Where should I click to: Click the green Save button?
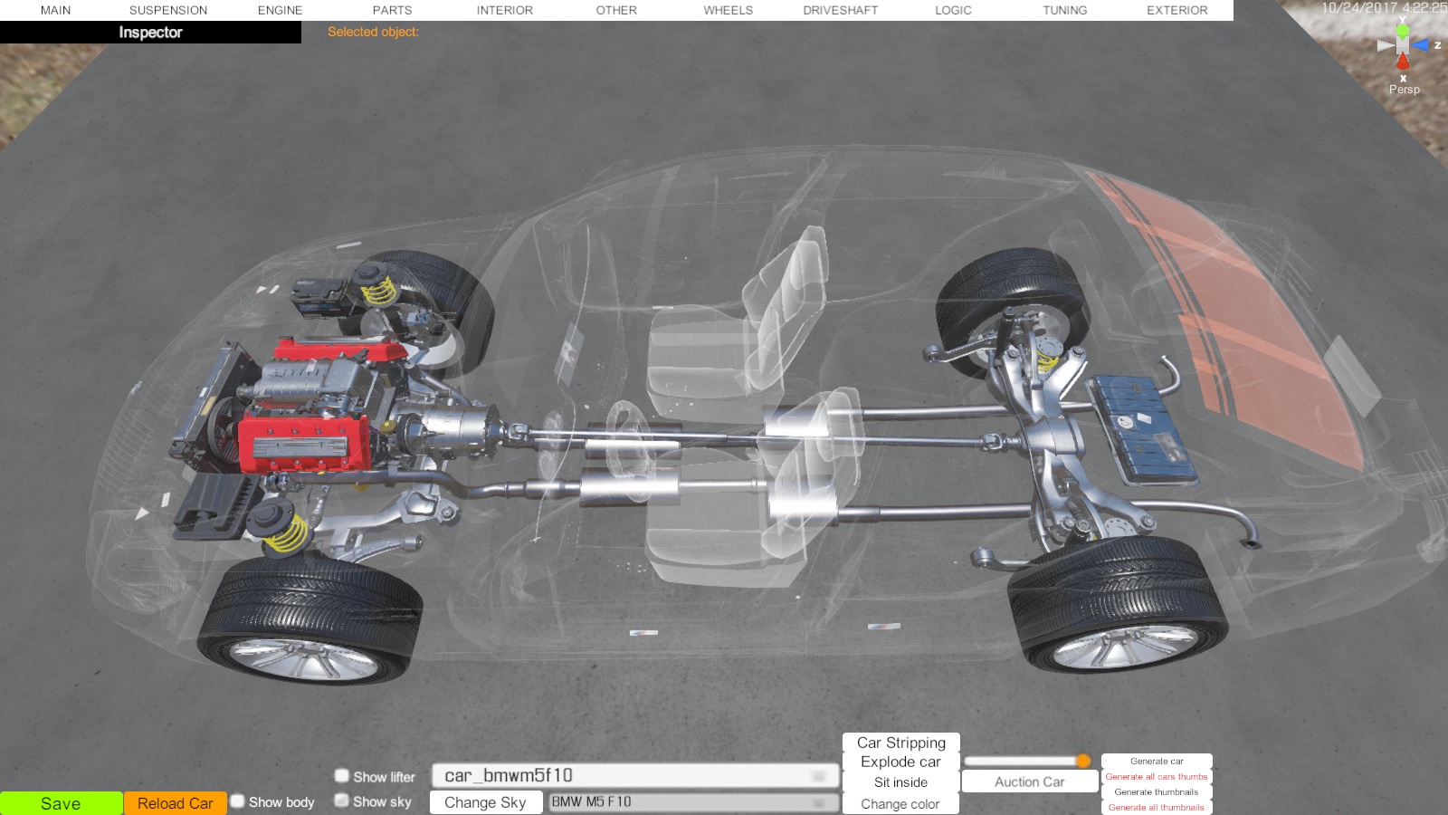pyautogui.click(x=61, y=803)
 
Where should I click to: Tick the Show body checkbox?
pyautogui.click(x=238, y=801)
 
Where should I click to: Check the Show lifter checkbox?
pyautogui.click(x=341, y=775)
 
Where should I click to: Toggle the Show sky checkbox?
pyautogui.click(x=341, y=801)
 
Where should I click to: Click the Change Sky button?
pyautogui.click(x=485, y=802)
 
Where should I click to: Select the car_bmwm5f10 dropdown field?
pyautogui.click(x=634, y=775)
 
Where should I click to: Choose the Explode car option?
pyautogui.click(x=900, y=762)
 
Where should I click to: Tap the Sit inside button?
pyautogui.click(x=900, y=782)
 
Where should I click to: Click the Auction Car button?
pyautogui.click(x=1029, y=782)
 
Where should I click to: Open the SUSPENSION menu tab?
pyautogui.click(x=168, y=10)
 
